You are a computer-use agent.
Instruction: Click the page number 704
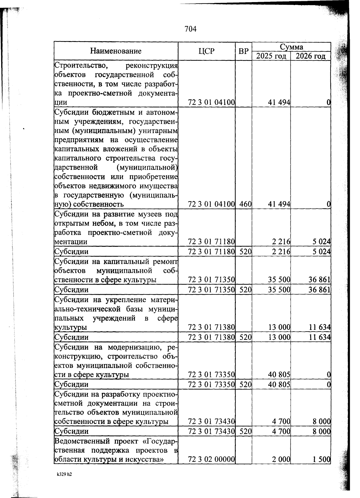(190, 29)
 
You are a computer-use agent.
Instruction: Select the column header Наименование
(116, 51)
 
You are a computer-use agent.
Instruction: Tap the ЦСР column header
(206, 51)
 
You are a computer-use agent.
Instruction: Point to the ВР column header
(244, 51)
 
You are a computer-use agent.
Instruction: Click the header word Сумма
(291, 47)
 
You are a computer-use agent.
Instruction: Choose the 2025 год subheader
(271, 56)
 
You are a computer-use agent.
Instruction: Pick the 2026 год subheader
(310, 56)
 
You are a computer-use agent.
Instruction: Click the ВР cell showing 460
(245, 204)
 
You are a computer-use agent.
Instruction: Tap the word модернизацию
(133, 347)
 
